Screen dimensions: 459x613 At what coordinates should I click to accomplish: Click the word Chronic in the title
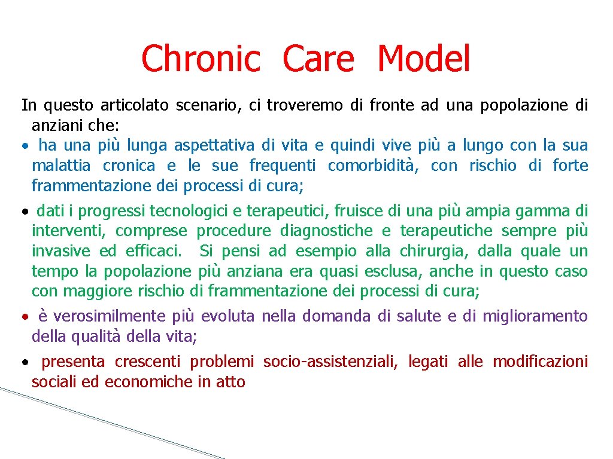[201, 59]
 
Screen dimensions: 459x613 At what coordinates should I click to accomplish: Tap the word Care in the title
[318, 59]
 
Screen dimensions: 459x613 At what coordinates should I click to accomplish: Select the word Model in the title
[424, 59]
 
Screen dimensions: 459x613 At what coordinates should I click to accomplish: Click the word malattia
[60, 166]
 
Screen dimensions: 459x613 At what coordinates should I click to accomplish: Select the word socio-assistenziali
[330, 362]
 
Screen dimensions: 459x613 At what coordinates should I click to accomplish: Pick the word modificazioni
[540, 362]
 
